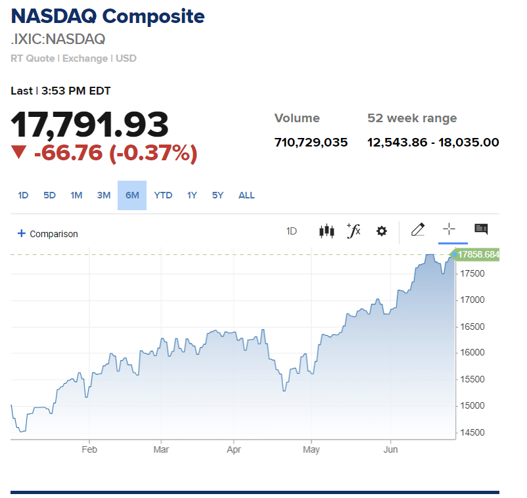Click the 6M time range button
(x=132, y=195)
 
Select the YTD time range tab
(x=163, y=195)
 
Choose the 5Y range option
(x=218, y=195)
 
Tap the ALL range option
(x=246, y=195)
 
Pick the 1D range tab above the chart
(x=23, y=195)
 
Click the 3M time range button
(x=104, y=195)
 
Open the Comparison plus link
(x=47, y=234)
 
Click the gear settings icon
(x=382, y=231)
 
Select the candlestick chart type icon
(x=327, y=231)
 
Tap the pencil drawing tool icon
(x=417, y=229)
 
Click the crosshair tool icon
(x=449, y=229)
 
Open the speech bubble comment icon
(x=481, y=229)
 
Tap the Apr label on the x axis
(x=234, y=450)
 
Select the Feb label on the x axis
(x=89, y=450)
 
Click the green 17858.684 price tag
(x=478, y=254)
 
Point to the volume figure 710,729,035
(x=311, y=142)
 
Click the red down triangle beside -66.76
(x=19, y=152)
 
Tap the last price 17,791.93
(x=90, y=125)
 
